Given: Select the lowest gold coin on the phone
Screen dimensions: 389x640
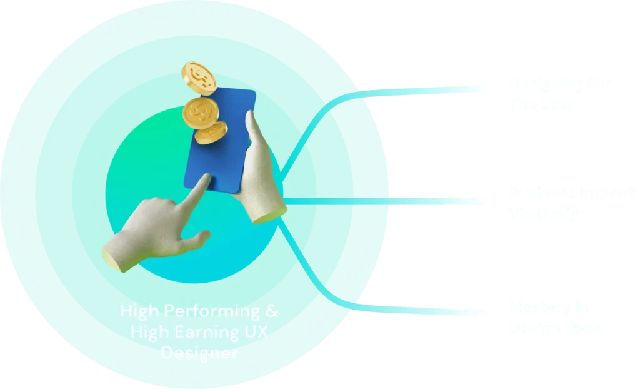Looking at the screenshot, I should click(211, 133).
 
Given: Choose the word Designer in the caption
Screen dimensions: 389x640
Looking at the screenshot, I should click(199, 353).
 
